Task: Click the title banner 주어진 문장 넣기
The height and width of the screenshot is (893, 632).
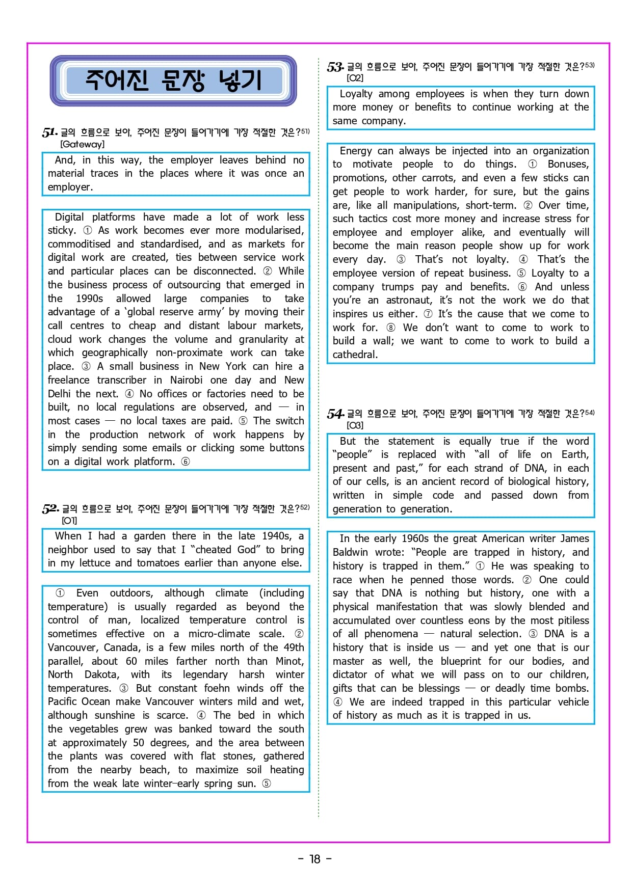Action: [x=173, y=80]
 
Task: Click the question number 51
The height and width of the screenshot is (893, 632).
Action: [x=49, y=133]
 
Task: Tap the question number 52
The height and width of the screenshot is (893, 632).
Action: [x=50, y=509]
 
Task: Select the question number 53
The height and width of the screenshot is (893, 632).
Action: [x=335, y=67]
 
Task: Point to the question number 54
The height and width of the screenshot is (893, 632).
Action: [x=335, y=414]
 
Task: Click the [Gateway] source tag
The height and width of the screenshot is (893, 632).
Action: [x=82, y=144]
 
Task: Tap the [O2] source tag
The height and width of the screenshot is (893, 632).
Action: [x=355, y=78]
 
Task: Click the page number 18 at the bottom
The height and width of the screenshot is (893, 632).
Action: [x=315, y=859]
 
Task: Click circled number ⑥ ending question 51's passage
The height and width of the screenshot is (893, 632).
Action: [x=186, y=462]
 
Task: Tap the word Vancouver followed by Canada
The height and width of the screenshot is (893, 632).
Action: [x=73, y=647]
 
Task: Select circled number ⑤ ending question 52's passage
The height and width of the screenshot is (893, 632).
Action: [x=267, y=783]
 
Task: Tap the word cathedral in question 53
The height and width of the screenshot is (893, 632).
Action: [x=355, y=355]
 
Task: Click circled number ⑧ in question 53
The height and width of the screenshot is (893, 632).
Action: [x=391, y=328]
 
